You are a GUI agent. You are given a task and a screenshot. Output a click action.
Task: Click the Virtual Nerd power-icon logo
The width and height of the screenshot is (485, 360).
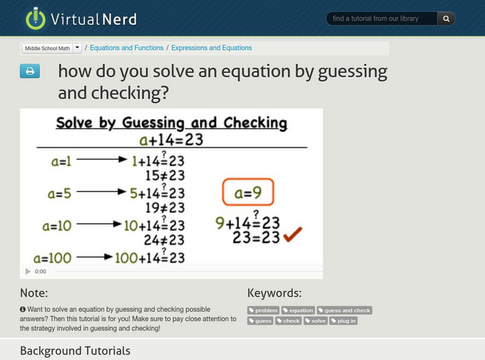(36, 19)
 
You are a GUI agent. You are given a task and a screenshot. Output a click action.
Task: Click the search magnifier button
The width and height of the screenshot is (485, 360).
(446, 19)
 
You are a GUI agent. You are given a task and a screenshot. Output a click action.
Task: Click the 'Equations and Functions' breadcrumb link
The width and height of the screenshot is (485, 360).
(127, 48)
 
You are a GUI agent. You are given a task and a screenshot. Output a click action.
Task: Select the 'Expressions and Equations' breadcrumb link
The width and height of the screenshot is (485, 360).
(212, 48)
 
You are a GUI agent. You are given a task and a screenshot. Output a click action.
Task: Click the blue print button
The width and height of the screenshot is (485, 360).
(30, 72)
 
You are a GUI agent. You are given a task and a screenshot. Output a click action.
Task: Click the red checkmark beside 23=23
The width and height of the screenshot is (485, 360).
(293, 235)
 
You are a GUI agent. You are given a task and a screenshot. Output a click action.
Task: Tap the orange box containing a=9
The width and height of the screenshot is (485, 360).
(247, 194)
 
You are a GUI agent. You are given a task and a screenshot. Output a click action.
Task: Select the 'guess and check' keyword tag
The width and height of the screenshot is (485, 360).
(344, 310)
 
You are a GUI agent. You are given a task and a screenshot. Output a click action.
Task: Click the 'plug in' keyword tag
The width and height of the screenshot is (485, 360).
(344, 321)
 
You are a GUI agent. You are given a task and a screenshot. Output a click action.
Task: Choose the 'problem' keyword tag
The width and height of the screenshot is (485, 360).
(263, 310)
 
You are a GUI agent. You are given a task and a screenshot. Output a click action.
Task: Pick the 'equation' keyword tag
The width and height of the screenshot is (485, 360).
(298, 310)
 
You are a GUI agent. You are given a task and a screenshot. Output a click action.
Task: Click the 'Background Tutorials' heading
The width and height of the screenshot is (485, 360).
(75, 350)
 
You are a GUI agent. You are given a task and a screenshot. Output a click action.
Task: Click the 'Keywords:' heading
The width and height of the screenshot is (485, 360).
(274, 293)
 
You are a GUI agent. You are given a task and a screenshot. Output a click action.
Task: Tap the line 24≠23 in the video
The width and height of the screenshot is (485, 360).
(164, 240)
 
